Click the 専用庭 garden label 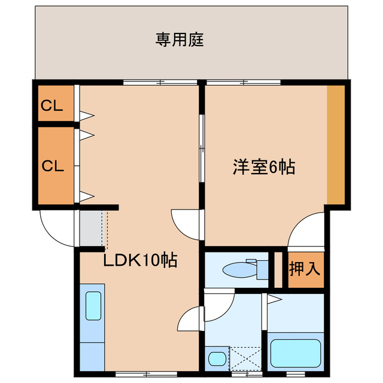[180, 40]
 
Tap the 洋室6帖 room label [263, 167]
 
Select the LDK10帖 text [140, 261]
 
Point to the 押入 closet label [305, 269]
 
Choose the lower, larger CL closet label [51, 166]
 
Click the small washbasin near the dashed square [217, 358]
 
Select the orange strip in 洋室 [336, 144]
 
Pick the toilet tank [261, 269]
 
